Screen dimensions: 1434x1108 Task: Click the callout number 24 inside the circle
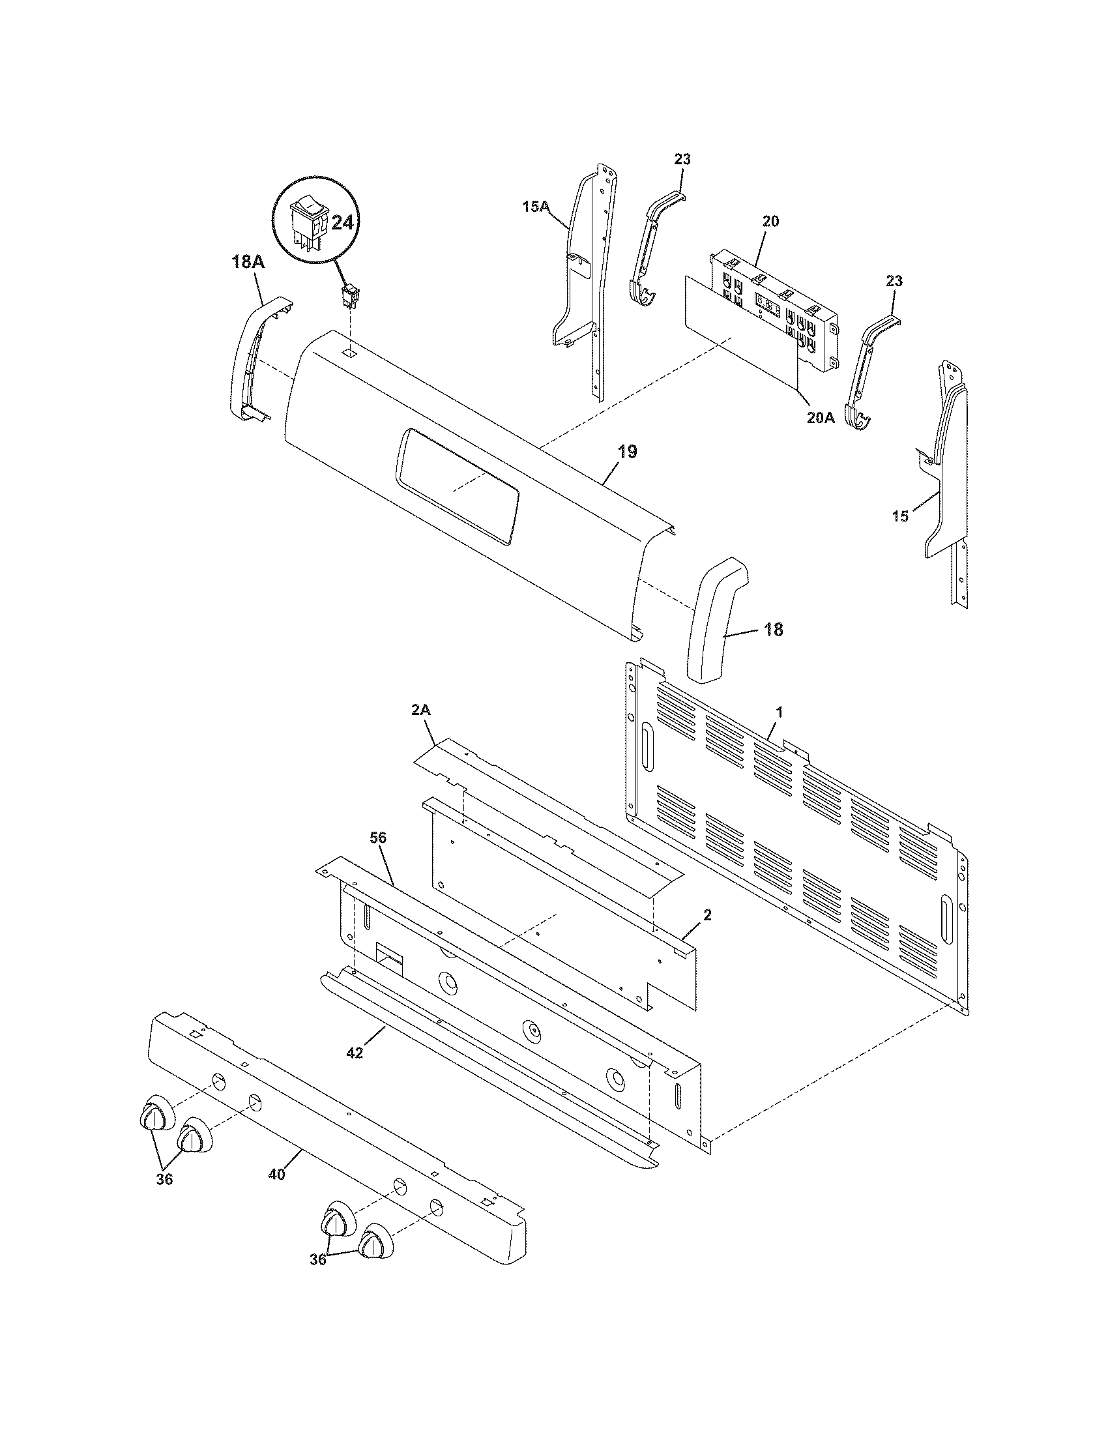342,223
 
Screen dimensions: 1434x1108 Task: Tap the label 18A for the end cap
248,262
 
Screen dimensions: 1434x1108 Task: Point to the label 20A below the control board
821,417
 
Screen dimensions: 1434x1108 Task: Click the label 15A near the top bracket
536,207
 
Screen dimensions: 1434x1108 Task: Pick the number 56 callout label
378,838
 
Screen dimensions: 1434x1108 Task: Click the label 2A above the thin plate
421,710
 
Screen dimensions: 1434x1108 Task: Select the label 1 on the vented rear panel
779,712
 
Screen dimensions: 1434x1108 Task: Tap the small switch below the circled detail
349,297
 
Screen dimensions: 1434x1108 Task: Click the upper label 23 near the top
682,160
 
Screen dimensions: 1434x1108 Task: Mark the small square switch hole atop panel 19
350,353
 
